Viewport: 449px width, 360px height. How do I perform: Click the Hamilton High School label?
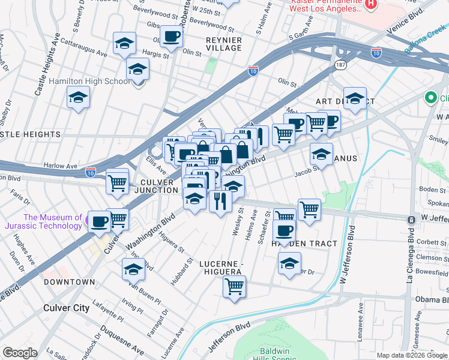(x=89, y=81)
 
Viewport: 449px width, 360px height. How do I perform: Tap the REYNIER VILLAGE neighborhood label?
(x=224, y=44)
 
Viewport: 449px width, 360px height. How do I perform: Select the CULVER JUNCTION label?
(x=157, y=186)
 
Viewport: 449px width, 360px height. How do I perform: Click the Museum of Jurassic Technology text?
(x=53, y=222)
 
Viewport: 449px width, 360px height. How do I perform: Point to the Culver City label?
(x=66, y=308)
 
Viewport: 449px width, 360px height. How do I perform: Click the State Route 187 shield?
(x=340, y=64)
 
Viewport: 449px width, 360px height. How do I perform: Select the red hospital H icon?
(x=370, y=4)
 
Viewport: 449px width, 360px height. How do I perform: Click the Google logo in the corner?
(x=20, y=353)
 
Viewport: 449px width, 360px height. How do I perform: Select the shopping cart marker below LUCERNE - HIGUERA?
(x=234, y=286)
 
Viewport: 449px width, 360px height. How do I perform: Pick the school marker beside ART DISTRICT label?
(x=355, y=98)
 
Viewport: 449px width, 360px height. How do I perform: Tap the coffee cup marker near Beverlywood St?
(x=171, y=37)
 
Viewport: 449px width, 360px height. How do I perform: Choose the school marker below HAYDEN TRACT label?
(x=290, y=263)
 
